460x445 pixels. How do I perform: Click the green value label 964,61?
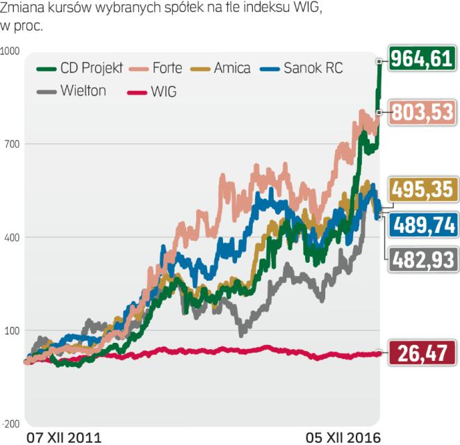tap(422, 59)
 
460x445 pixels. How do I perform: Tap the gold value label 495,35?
tap(422, 189)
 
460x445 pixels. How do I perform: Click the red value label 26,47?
tap(422, 353)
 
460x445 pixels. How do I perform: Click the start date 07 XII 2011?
tap(64, 437)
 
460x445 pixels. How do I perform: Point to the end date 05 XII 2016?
tap(344, 437)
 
